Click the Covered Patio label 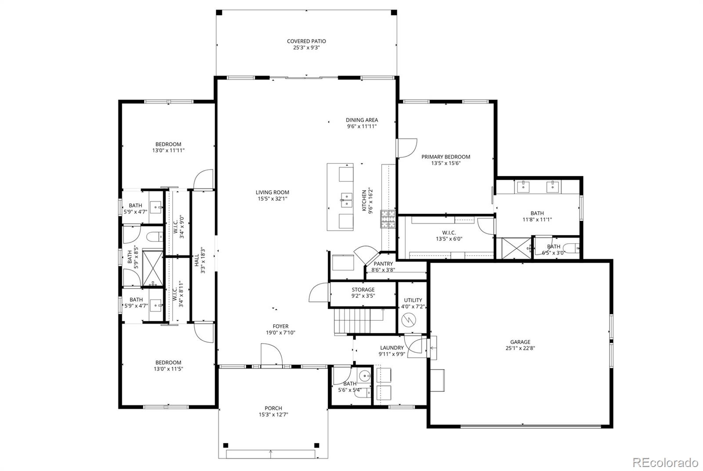(306, 41)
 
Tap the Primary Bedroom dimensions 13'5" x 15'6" (446, 163)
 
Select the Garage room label (520, 342)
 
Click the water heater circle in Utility (409, 320)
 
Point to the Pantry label (383, 264)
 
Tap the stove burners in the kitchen (388, 219)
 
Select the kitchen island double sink (347, 200)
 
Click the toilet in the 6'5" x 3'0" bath (573, 248)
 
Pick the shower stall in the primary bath (516, 249)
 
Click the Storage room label (363, 290)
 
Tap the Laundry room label (392, 348)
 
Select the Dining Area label (362, 120)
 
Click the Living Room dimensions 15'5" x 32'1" (272, 199)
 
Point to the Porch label (273, 408)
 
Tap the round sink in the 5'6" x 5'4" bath (365, 375)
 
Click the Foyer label (281, 326)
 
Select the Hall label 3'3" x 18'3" (199, 260)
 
